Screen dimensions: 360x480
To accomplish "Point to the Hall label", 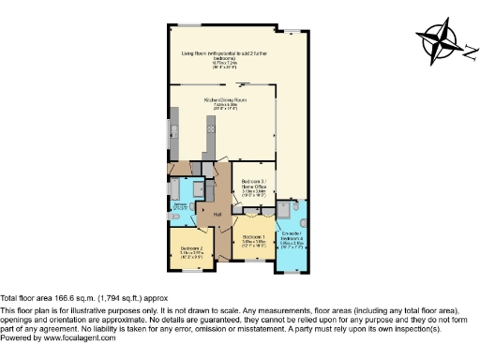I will click(x=217, y=215).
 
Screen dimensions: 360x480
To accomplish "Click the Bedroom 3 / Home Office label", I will click(x=255, y=187).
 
